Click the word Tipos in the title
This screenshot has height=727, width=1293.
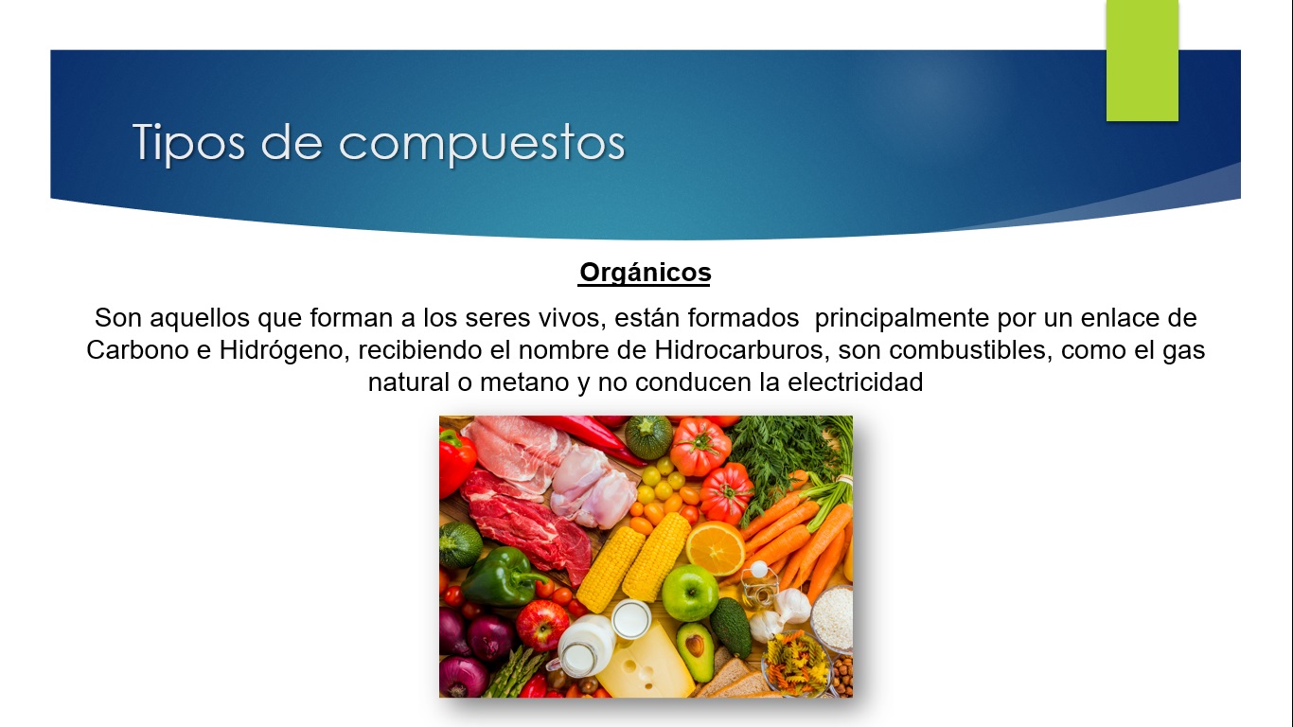188,143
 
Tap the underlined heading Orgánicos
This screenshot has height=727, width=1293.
645,273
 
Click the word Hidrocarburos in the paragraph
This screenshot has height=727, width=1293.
742,350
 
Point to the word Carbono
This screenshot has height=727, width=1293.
137,350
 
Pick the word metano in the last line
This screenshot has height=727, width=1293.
524,382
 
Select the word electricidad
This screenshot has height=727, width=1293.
856,382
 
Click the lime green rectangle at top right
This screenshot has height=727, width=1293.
1142,61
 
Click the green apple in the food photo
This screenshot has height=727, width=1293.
690,593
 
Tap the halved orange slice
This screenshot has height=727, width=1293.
716,549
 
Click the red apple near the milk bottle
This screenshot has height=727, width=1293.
542,625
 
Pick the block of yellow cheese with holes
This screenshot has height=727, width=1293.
646,665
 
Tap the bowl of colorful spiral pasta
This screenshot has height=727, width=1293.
797,665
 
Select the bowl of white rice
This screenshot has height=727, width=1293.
832,618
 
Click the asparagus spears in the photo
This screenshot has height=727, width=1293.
516,673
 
